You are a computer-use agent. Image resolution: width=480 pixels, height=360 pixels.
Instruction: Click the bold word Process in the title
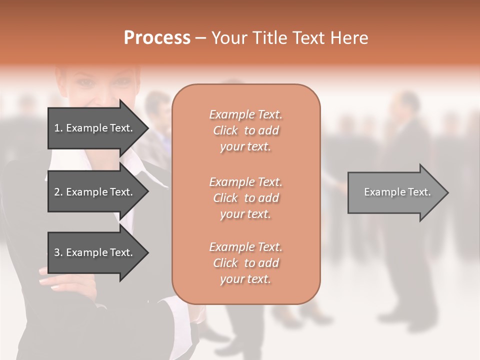[157, 38]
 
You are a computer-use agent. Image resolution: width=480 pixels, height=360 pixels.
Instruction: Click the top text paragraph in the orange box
[245, 130]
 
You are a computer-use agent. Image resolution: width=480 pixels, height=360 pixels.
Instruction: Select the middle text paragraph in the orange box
[245, 198]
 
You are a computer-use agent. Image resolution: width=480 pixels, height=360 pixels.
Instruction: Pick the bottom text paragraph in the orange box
[245, 263]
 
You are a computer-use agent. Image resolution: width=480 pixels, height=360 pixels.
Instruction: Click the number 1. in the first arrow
[58, 128]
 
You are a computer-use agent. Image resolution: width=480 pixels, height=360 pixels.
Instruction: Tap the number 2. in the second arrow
[58, 192]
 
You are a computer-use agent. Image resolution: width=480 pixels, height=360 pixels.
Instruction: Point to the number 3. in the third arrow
[58, 252]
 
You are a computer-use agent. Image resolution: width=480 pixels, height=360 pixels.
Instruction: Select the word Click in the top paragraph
[225, 130]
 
